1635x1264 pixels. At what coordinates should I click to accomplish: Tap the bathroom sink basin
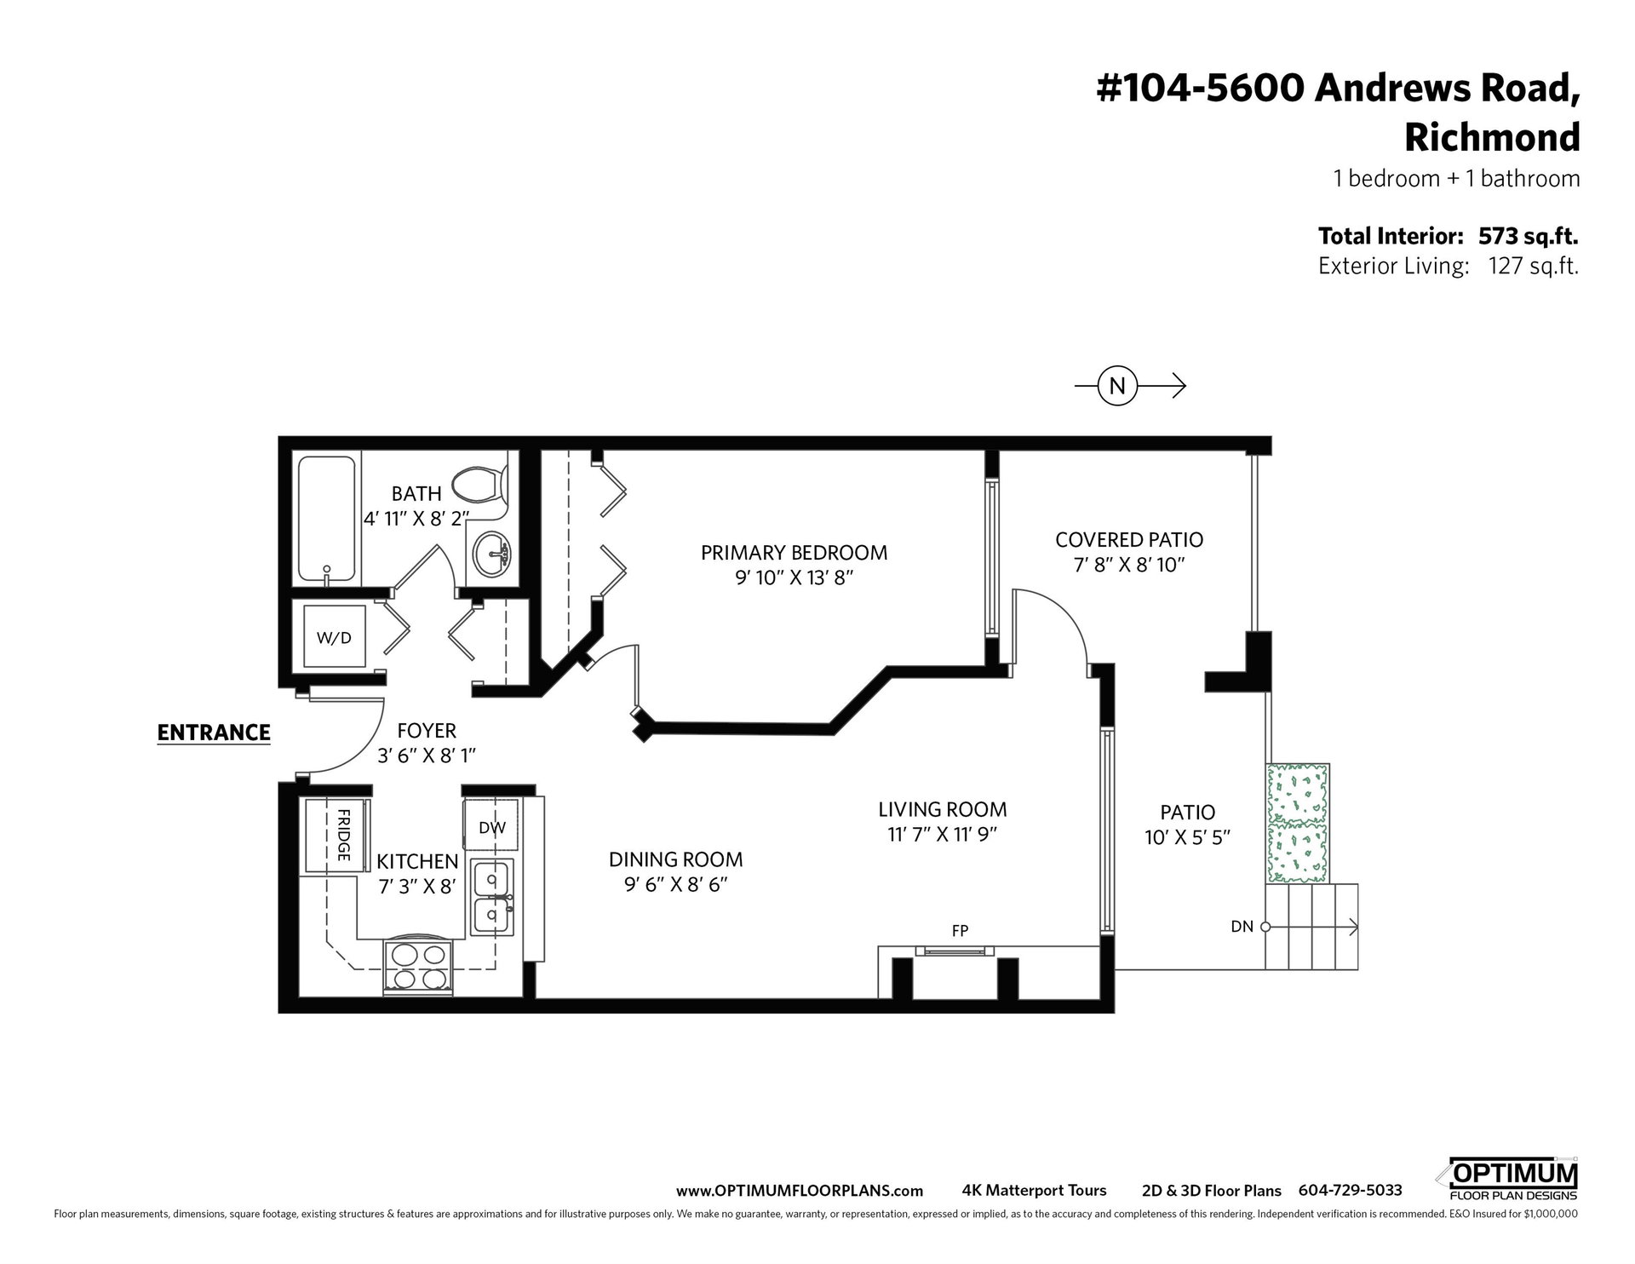coord(490,552)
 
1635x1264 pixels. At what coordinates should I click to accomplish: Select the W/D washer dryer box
coord(335,636)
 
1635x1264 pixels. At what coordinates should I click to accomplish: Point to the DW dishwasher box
coord(491,825)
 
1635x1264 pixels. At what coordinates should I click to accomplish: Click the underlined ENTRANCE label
coord(214,733)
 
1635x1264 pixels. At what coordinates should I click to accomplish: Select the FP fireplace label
coord(960,931)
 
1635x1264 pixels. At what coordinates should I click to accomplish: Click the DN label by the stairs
coord(1242,927)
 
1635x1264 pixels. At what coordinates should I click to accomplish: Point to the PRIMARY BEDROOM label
coord(794,553)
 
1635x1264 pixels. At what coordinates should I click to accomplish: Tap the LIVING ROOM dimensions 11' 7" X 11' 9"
coord(942,835)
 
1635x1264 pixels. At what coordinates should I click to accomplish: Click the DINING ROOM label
coord(675,859)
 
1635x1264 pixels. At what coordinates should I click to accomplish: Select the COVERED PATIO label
coord(1128,540)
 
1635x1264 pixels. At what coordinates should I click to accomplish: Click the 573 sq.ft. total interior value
coord(1529,236)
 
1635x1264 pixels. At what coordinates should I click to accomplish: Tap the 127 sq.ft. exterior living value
coord(1533,267)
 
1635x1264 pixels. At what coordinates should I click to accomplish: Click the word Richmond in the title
coord(1492,137)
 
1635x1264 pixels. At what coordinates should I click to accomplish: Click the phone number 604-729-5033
coord(1350,1191)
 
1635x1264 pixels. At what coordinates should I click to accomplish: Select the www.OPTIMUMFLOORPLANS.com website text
coord(800,1191)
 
